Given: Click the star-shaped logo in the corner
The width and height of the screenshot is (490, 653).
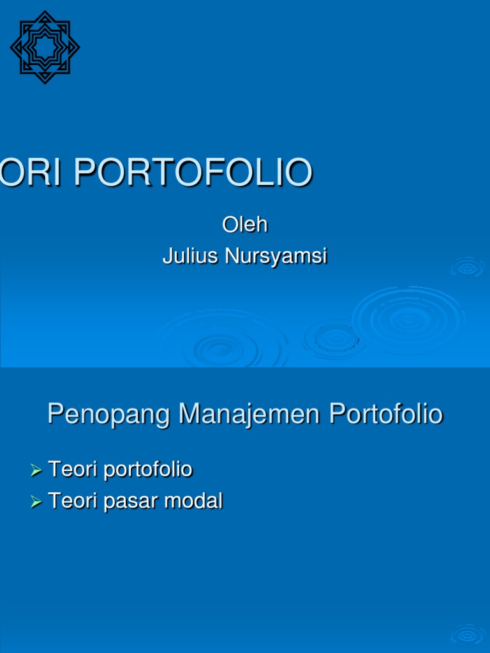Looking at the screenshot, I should tap(45, 47).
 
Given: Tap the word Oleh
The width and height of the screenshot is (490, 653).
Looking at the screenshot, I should tap(244, 224).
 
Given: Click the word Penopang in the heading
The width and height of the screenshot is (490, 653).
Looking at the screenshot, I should tap(109, 415).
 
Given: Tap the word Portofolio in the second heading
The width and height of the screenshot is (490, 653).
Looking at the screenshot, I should tap(385, 415).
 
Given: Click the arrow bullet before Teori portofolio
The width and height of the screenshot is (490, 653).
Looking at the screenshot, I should tap(36, 471).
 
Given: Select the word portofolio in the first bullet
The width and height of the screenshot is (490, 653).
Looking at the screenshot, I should tap(147, 470).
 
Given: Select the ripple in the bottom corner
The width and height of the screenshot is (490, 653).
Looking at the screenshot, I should tap(468, 635).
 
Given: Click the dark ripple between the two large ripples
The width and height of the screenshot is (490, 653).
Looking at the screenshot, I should tap(332, 338).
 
